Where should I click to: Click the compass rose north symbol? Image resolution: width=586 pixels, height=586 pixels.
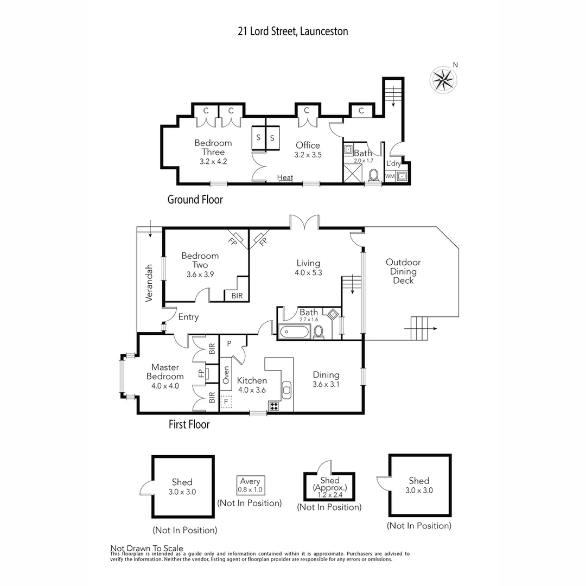tap(443, 79)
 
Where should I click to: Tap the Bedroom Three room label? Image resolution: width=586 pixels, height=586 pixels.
tap(213, 148)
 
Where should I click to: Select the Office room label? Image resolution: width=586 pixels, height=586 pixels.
tap(308, 145)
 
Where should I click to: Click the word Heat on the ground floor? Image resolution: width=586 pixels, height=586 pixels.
tap(285, 177)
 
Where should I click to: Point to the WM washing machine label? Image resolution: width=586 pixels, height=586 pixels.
tap(390, 176)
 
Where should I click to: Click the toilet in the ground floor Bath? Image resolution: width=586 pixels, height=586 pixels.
tap(373, 175)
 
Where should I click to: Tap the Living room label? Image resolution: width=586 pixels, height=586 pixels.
tap(308, 264)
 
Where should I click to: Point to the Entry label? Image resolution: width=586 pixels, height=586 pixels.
tap(188, 317)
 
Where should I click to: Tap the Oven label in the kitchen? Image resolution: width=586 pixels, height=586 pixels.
tap(226, 374)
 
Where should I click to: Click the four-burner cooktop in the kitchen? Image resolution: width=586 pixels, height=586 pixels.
tap(273, 405)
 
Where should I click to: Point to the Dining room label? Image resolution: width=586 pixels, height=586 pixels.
tap(326, 375)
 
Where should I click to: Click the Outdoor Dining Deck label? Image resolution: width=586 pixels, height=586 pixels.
tap(403, 271)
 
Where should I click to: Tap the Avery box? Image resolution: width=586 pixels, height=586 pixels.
tap(250, 485)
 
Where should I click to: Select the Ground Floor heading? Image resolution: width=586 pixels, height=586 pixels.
tap(195, 200)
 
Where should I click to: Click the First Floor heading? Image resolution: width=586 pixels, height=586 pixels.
tap(189, 424)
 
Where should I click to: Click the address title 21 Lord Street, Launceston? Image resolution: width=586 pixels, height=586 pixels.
tap(292, 31)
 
